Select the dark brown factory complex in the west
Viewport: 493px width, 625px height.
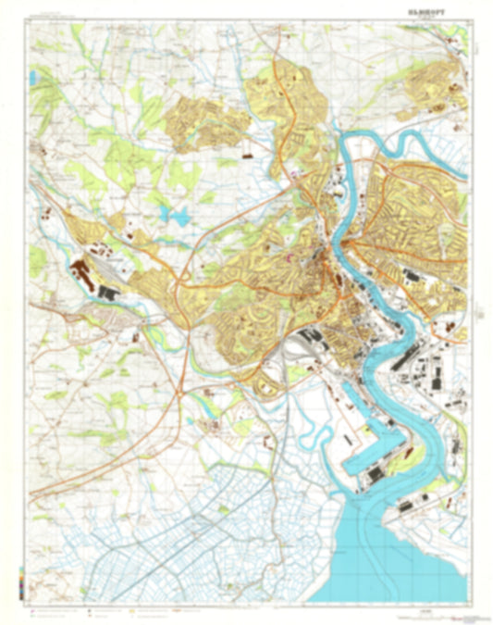[x=83, y=273]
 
